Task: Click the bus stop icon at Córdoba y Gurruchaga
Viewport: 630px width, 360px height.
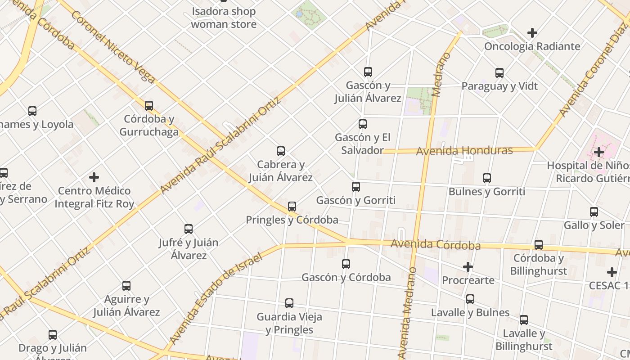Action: click(x=149, y=106)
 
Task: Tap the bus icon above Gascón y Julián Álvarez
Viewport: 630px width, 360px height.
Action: click(x=368, y=72)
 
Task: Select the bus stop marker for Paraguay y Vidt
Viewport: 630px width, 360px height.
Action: click(x=499, y=72)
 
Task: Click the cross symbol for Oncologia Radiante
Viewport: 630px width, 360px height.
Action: click(x=532, y=33)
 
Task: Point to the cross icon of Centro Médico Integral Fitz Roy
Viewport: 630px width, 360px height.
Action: click(x=94, y=177)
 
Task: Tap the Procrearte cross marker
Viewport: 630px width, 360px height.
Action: click(x=468, y=267)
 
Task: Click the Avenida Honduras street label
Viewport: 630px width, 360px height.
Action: click(x=464, y=151)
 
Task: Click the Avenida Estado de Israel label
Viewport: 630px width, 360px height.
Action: click(x=216, y=299)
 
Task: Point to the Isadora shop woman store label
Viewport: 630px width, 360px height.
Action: click(x=224, y=18)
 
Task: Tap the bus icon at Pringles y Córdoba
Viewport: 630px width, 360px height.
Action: click(x=292, y=207)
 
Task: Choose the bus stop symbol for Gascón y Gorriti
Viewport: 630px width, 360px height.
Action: click(x=356, y=186)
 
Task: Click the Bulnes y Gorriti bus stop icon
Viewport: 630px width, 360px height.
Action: click(x=487, y=178)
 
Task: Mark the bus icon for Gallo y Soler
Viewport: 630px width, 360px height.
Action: click(x=594, y=211)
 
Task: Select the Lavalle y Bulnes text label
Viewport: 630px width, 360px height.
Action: click(x=470, y=312)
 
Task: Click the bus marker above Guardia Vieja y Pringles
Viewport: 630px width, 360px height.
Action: click(x=289, y=303)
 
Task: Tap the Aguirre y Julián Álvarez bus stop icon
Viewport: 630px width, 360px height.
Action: click(x=126, y=286)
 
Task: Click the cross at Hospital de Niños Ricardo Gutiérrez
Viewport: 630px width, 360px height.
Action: click(x=598, y=152)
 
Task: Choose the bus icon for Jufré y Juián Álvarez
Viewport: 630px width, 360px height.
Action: click(x=189, y=229)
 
